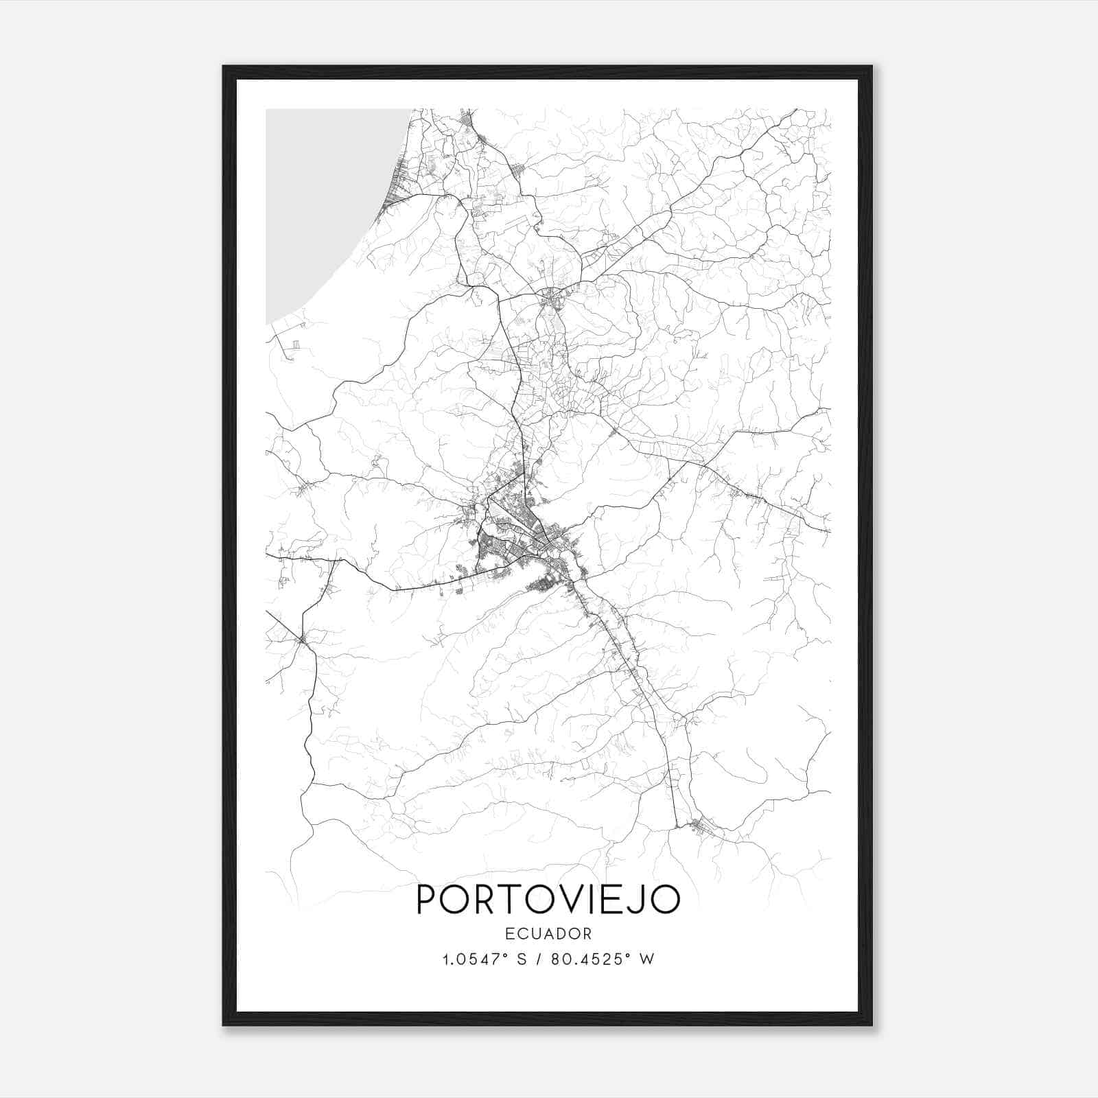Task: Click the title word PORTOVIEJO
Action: (548, 900)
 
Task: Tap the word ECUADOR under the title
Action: (548, 934)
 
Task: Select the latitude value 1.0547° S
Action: (484, 959)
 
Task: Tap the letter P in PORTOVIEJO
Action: (428, 900)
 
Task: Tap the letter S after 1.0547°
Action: (522, 959)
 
